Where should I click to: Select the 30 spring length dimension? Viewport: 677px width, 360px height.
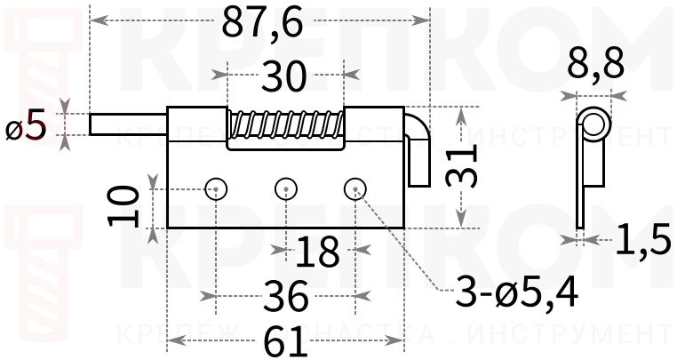283,77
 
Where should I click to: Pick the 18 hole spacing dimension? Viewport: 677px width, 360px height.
318,252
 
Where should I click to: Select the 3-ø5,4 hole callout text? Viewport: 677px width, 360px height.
515,292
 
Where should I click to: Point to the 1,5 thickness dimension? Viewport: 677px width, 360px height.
641,239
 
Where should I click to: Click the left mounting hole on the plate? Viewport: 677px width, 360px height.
216,188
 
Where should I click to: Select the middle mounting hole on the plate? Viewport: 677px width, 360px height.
285,188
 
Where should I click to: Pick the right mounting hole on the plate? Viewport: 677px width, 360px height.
354,188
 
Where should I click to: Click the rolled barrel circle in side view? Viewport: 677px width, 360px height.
593,124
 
